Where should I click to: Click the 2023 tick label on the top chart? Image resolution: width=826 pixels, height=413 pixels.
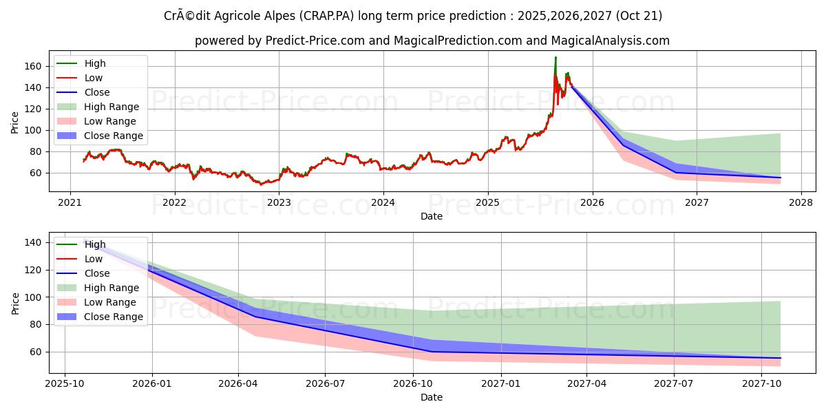tap(279, 202)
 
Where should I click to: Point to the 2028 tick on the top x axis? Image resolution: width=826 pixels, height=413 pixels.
tap(801, 202)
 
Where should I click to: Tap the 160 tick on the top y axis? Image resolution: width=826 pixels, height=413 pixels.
tap(34, 66)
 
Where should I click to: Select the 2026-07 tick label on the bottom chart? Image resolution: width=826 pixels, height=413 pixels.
tap(326, 383)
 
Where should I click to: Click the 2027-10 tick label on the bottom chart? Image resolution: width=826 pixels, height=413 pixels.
tap(762, 383)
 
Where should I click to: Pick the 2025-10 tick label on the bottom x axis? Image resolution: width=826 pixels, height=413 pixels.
tap(65, 383)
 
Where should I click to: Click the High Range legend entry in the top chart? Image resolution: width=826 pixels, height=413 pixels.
tap(112, 107)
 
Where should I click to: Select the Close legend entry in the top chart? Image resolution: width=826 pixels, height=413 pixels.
tap(97, 92)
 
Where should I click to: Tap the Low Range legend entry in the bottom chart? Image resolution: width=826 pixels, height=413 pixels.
tap(110, 302)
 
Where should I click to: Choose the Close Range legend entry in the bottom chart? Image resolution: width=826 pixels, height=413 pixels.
tap(114, 317)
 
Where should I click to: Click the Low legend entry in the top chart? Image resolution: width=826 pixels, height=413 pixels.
tap(94, 78)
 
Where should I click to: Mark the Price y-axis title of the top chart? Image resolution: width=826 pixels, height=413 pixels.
tap(15, 123)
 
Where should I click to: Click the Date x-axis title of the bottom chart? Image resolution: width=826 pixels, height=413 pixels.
tap(432, 397)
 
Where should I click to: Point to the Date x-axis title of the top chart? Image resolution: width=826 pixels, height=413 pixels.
tap(432, 216)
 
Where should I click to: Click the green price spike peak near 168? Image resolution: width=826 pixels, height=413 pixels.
tap(555, 58)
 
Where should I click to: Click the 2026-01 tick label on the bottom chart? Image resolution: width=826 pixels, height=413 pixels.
tap(151, 383)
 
